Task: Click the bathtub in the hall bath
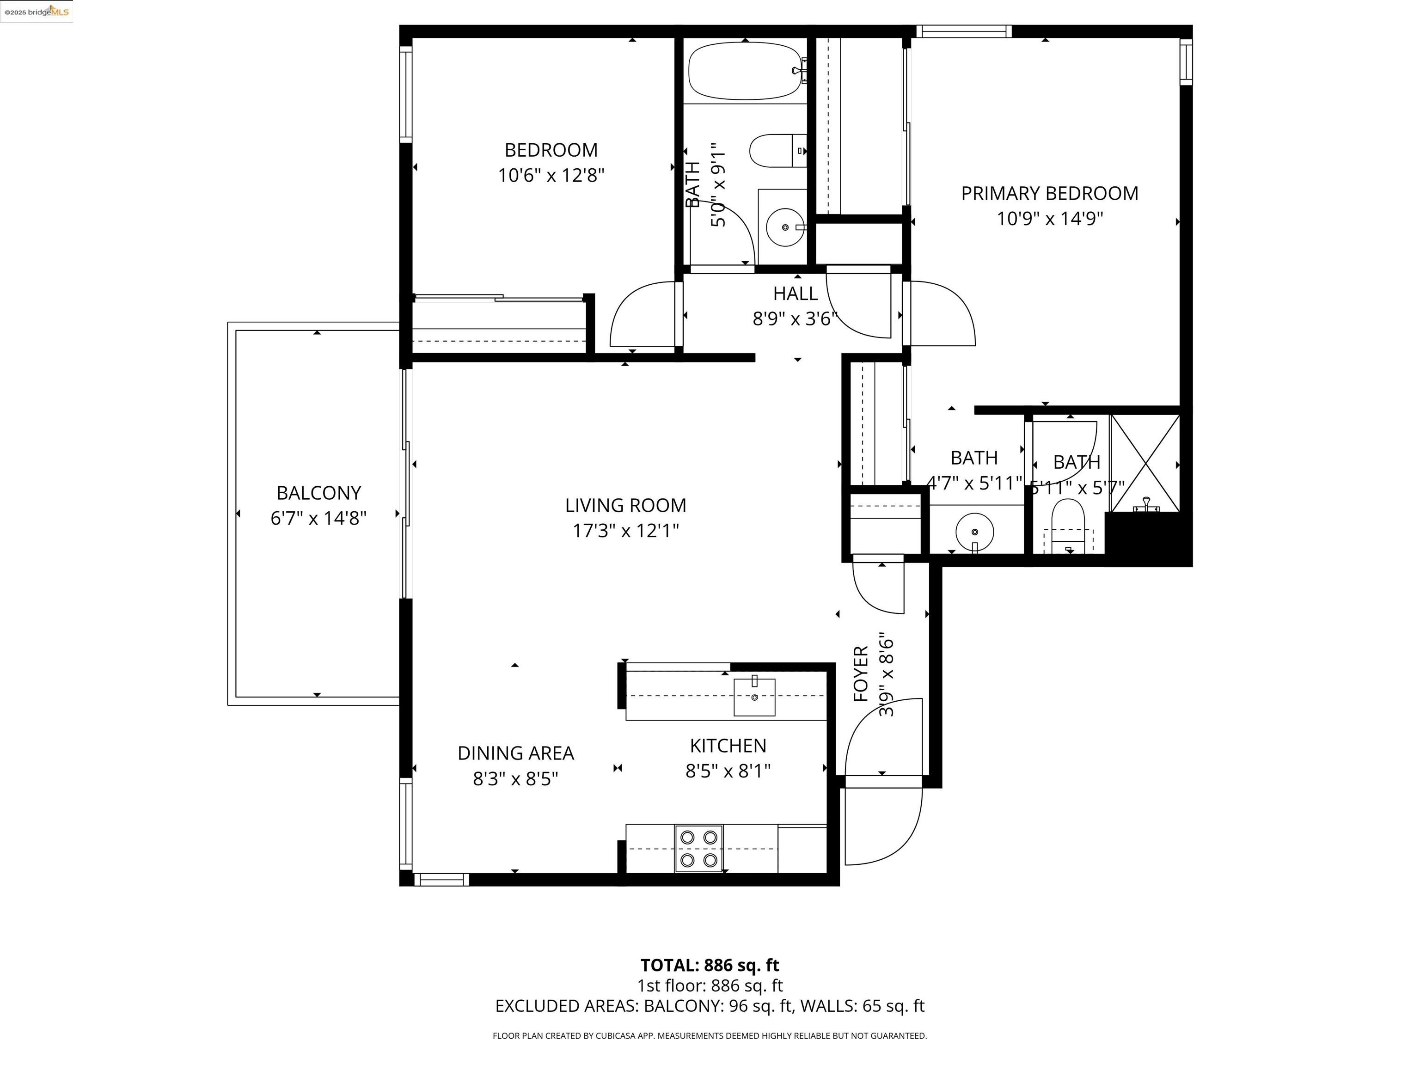[x=745, y=71]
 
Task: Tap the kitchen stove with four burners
[x=698, y=848]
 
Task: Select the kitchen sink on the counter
[x=754, y=697]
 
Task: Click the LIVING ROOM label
[x=625, y=505]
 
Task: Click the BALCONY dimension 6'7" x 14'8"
[x=318, y=518]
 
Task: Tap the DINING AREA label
[x=515, y=753]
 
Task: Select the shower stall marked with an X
[x=1145, y=463]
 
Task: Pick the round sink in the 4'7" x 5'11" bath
[x=974, y=532]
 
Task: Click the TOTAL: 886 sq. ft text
[x=710, y=965]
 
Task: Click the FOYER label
[x=861, y=673]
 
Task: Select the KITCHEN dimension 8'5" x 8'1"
[x=728, y=771]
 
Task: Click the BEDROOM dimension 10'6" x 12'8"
[x=551, y=175]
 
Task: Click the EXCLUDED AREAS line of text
[x=710, y=1006]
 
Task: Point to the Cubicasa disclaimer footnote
[x=710, y=1035]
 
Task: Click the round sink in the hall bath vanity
[x=784, y=227]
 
